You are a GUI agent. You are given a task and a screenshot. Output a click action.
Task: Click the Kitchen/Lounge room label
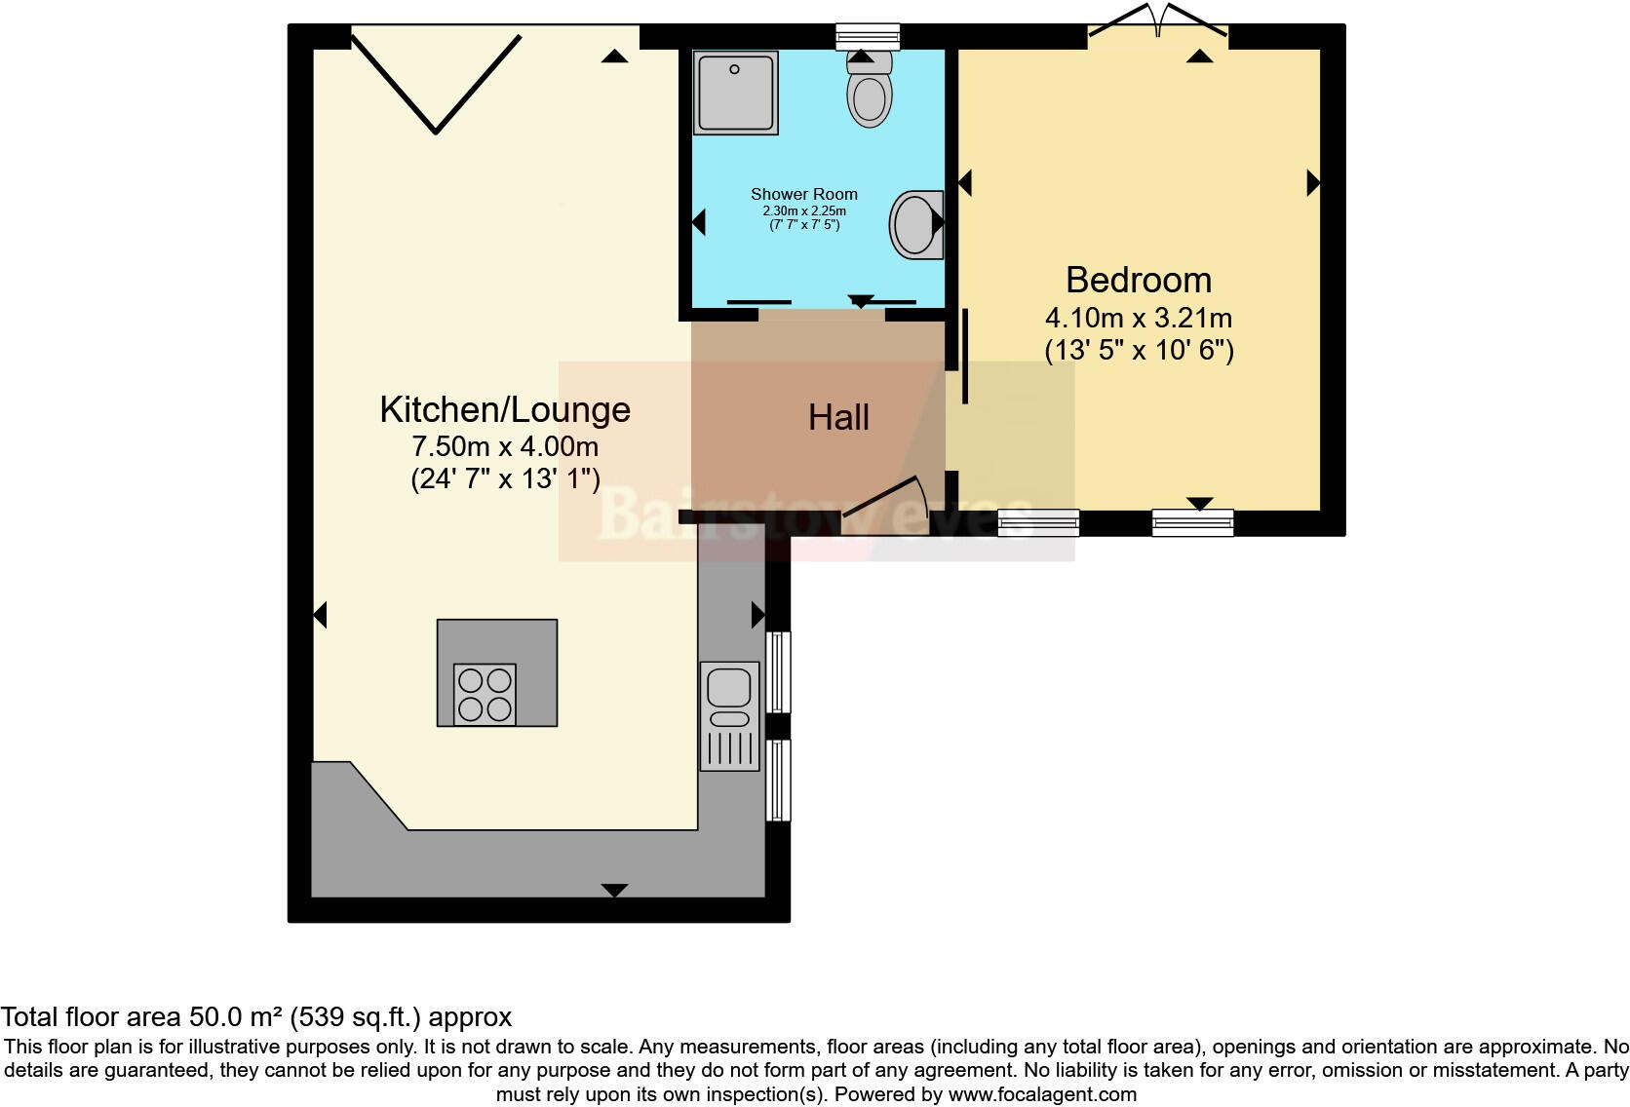click(x=505, y=410)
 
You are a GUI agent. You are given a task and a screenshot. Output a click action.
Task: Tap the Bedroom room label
click(x=1139, y=280)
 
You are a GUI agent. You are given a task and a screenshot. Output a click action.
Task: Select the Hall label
click(x=838, y=418)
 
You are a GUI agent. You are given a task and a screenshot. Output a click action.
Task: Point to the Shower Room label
click(x=804, y=194)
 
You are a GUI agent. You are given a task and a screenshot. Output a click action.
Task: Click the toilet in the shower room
click(x=870, y=89)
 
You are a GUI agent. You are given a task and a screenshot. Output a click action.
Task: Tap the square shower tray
click(x=736, y=93)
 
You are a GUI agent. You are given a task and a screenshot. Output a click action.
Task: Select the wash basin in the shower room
click(x=916, y=225)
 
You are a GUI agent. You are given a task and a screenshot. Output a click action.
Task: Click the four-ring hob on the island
click(x=485, y=695)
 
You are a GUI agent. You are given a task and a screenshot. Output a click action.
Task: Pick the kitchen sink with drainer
click(x=729, y=715)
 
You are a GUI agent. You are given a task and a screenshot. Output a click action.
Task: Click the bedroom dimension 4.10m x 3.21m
click(x=1139, y=319)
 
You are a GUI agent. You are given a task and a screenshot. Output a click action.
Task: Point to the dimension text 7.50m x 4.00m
click(x=505, y=446)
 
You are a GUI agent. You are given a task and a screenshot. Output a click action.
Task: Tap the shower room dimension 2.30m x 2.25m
click(x=804, y=210)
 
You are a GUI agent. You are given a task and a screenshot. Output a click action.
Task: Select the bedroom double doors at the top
click(x=1158, y=19)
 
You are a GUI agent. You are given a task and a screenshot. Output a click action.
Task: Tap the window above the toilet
click(x=868, y=36)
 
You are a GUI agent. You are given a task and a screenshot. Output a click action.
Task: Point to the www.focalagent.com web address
click(x=1043, y=1094)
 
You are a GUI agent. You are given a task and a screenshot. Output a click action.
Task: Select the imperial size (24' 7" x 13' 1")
click(x=505, y=479)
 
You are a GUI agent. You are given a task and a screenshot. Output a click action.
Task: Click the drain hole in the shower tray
click(x=734, y=70)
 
